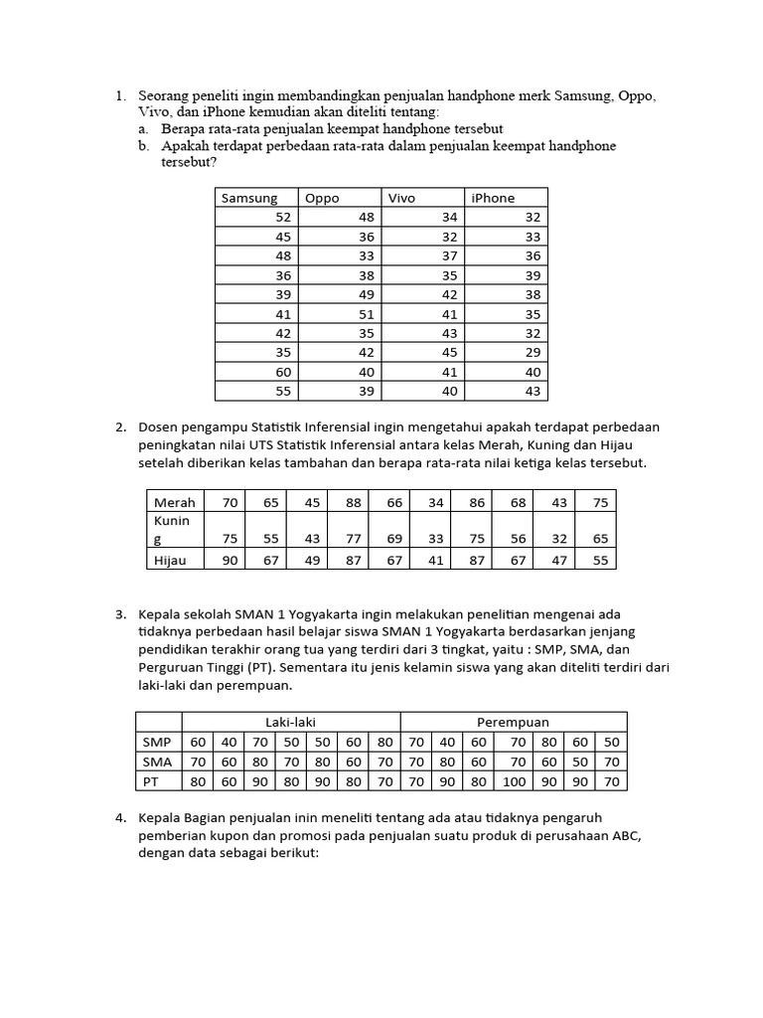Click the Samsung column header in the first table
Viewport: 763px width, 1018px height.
[249, 198]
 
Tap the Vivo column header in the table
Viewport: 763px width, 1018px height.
[401, 198]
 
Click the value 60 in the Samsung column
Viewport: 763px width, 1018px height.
[283, 372]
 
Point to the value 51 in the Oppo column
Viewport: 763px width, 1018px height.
[367, 313]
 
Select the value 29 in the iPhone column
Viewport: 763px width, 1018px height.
[533, 352]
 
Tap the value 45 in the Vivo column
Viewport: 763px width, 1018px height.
[450, 352]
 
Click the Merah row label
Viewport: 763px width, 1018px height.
[175, 502]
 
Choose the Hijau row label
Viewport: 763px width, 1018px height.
[172, 560]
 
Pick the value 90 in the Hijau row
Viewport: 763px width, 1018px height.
[230, 560]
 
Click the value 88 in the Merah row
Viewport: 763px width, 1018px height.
[354, 502]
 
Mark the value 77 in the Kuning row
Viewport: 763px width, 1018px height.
[354, 539]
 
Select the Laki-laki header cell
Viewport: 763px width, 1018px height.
[290, 722]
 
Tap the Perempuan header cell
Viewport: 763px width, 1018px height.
[513, 722]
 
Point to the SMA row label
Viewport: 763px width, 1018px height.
[157, 762]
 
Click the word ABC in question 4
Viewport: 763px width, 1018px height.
[627, 835]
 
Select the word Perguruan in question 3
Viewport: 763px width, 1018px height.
[170, 667]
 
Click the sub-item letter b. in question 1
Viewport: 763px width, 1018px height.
[144, 146]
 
